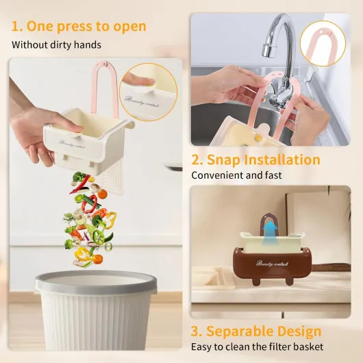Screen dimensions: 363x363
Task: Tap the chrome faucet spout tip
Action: pyautogui.click(x=269, y=51)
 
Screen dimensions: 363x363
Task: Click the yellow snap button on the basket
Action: pyautogui.click(x=258, y=138)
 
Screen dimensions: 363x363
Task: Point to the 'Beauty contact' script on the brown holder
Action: pyautogui.click(x=273, y=264)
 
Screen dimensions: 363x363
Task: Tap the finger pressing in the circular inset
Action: pyautogui.click(x=139, y=81)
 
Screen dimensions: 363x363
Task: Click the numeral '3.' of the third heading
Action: pyautogui.click(x=197, y=331)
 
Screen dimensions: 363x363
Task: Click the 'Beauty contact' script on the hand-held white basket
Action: pyautogui.click(x=71, y=144)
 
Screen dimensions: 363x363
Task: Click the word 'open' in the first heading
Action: pyautogui.click(x=129, y=27)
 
